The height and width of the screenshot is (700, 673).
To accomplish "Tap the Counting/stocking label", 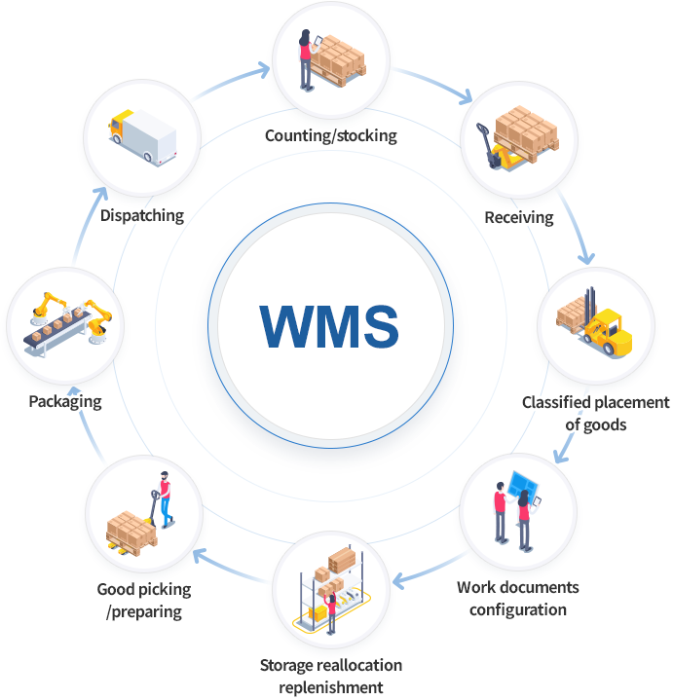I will point(331,135).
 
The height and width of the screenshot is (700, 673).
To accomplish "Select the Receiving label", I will point(519,216).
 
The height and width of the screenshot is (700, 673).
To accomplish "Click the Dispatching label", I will point(142,215).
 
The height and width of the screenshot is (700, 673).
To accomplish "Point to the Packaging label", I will point(65,400).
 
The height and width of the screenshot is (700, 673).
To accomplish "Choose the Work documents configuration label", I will point(517,599).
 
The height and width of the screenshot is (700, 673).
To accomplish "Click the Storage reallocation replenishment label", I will point(331,676).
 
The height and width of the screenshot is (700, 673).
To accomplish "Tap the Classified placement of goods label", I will point(595,413).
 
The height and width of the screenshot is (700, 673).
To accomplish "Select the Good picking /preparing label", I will point(144,601).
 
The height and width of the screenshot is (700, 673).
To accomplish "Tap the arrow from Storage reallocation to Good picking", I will point(230,568).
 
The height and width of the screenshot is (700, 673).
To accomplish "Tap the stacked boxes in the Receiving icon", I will point(525,131).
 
